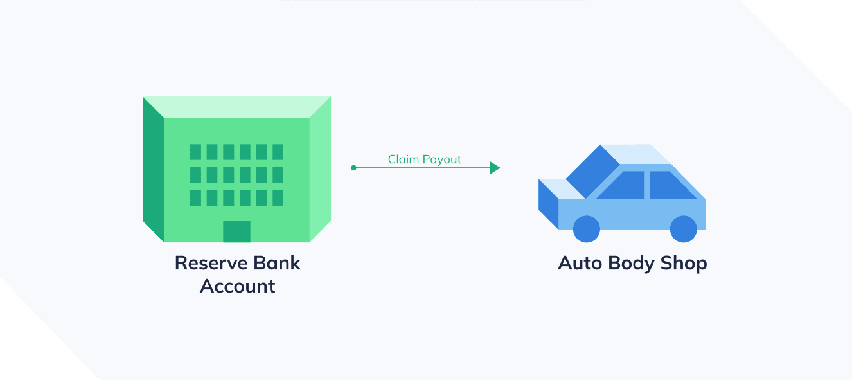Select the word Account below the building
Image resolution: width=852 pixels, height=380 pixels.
(237, 286)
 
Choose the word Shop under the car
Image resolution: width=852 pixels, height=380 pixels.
(684, 264)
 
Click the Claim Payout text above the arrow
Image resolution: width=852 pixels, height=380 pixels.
(425, 159)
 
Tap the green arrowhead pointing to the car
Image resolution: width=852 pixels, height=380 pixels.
(495, 168)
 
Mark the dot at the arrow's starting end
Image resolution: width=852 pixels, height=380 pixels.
(353, 168)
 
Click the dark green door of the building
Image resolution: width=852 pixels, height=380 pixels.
(236, 231)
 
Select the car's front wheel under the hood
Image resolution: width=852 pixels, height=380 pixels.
(586, 229)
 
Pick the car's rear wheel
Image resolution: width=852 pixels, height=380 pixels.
(683, 229)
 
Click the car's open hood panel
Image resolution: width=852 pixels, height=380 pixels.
(592, 171)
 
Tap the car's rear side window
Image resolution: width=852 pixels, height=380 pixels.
(668, 186)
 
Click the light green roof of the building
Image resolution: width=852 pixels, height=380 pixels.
(236, 107)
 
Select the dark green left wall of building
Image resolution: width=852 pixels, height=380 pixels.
(154, 170)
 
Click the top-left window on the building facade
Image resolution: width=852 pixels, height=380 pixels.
(195, 152)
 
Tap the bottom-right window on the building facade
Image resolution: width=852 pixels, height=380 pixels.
(278, 197)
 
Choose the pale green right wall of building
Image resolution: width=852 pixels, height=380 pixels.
(320, 170)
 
